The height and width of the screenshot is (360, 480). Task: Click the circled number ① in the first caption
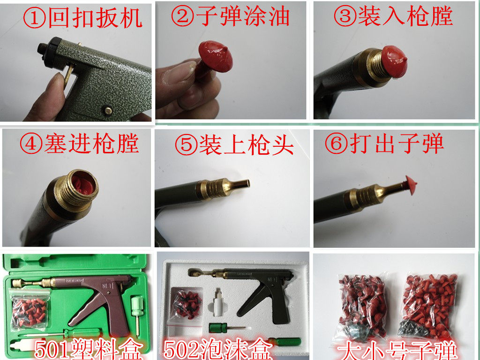click(x=34, y=19)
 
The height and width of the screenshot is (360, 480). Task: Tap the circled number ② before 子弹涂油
click(x=183, y=16)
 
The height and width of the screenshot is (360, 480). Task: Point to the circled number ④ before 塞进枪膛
click(x=31, y=143)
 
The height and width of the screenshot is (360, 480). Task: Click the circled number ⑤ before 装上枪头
click(x=187, y=144)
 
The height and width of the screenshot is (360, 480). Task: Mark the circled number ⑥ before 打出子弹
click(x=337, y=143)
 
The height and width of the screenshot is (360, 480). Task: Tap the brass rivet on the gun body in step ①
click(x=107, y=110)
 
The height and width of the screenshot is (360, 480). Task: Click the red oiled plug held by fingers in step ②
click(x=214, y=58)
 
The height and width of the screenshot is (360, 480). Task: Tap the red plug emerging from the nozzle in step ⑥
click(x=410, y=185)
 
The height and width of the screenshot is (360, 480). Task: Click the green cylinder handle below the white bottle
click(x=217, y=327)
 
